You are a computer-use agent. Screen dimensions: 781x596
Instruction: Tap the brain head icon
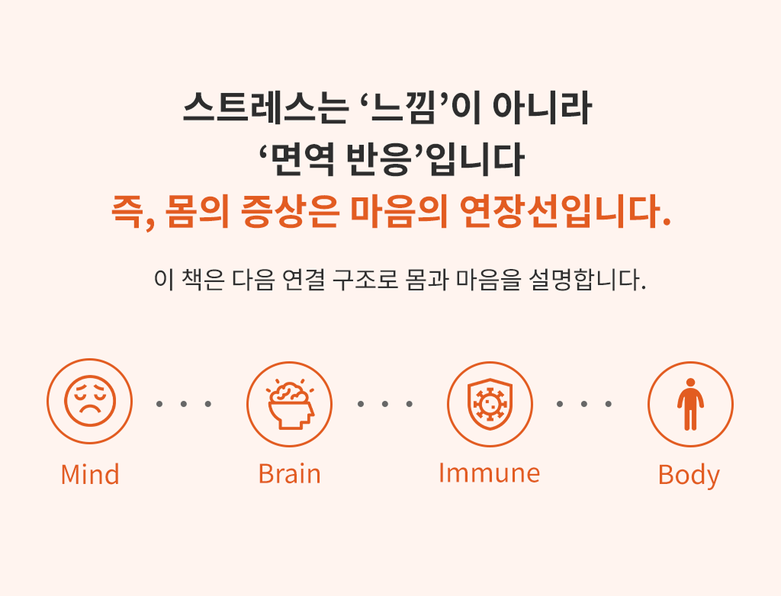coord(290,404)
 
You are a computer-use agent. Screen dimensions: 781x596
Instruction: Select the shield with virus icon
coord(490,404)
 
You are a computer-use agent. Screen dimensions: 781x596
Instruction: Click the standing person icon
coord(690,404)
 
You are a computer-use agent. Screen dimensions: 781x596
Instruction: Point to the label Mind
coord(90,474)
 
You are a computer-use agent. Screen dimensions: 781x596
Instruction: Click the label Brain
coord(289,474)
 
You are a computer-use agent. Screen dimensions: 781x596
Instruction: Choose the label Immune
coord(489,473)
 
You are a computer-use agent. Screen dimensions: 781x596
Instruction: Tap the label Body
coord(689,476)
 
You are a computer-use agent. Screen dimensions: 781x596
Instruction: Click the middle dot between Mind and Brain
coord(184,404)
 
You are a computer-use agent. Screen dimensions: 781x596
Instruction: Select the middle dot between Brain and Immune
coord(385,404)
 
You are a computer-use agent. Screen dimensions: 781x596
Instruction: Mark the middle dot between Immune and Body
coord(584,404)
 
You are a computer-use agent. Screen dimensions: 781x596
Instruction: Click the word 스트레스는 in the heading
coord(265,107)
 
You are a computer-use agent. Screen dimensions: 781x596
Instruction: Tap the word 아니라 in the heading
coord(542,107)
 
